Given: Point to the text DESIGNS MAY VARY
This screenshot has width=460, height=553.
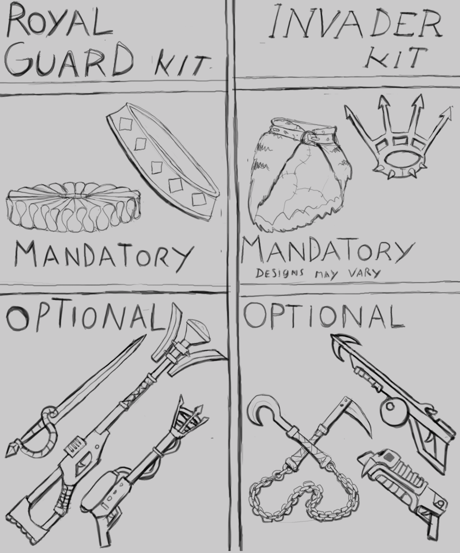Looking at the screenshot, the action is [x=318, y=273].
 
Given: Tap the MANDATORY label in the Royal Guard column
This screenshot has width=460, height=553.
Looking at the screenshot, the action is [x=104, y=254].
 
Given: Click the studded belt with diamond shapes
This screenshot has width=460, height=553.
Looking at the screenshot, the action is [x=163, y=162].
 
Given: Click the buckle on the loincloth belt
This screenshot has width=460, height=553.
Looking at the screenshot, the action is [x=308, y=137].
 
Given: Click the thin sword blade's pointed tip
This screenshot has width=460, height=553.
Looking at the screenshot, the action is [x=144, y=336].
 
